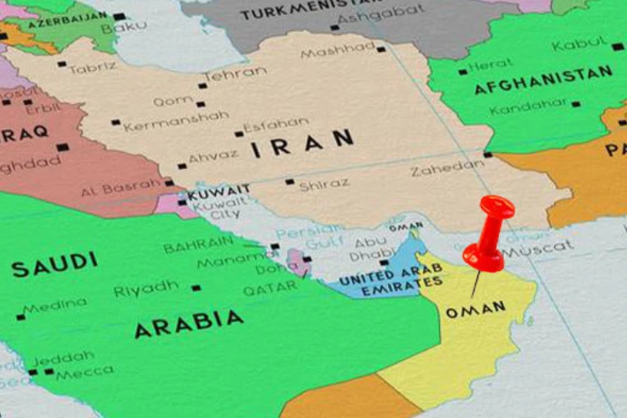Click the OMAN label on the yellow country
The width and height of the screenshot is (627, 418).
(x=476, y=310)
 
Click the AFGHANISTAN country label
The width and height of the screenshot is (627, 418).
(x=543, y=79)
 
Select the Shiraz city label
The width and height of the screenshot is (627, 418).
(x=324, y=185)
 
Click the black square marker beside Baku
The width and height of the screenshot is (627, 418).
(x=119, y=16)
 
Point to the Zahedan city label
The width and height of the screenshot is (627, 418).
(x=446, y=168)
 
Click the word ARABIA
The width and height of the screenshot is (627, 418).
(x=189, y=323)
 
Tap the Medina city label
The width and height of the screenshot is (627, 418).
(x=55, y=307)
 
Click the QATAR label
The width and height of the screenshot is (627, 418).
(x=269, y=288)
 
